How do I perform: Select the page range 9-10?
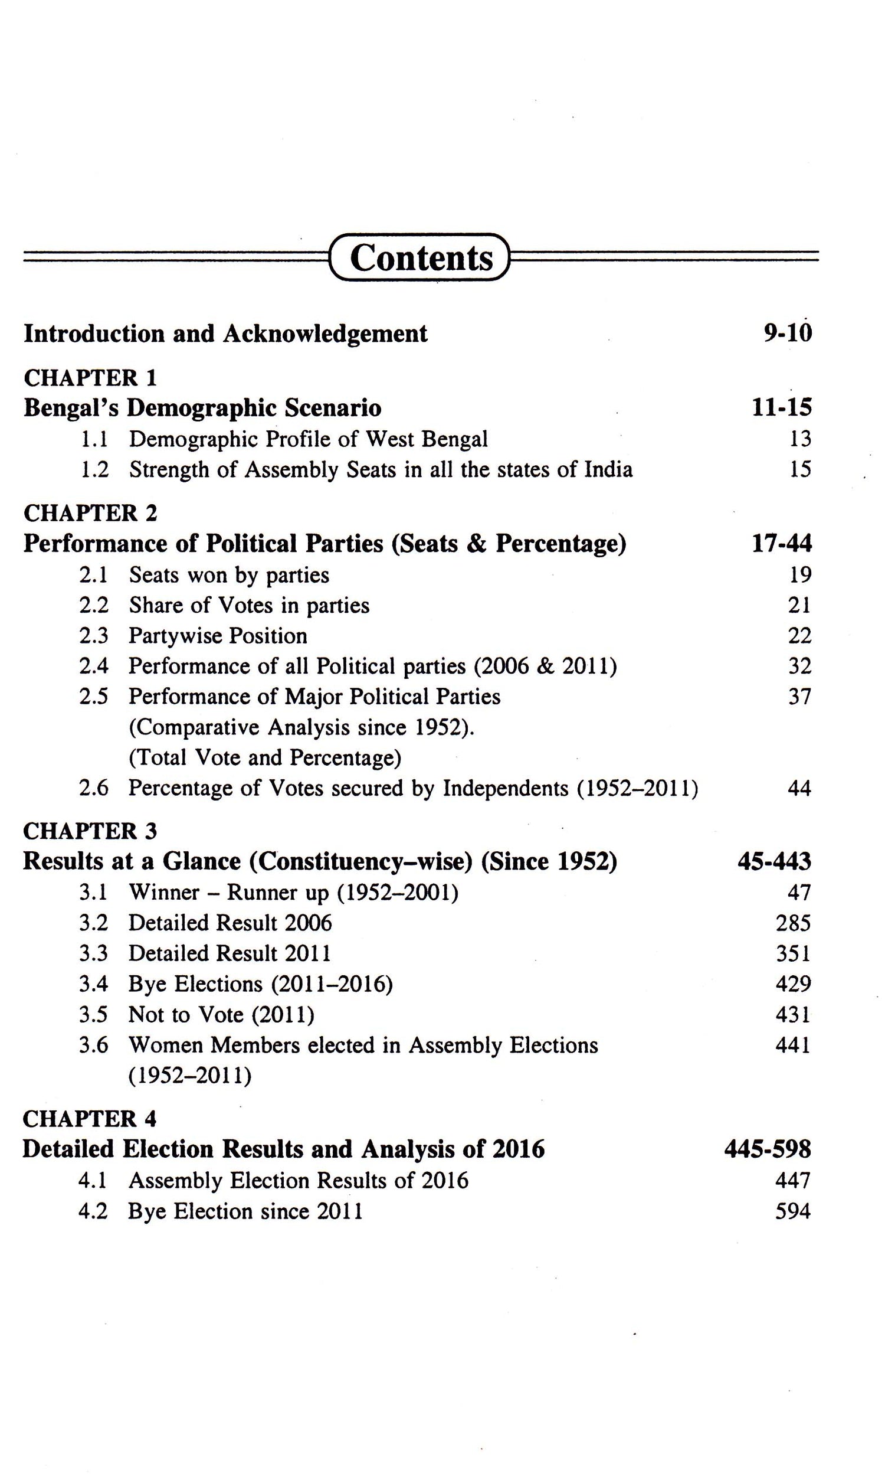tap(787, 334)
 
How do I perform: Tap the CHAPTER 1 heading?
tap(90, 378)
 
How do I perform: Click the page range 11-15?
tap(781, 408)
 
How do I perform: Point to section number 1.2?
tap(94, 470)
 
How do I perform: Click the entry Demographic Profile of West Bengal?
tap(308, 440)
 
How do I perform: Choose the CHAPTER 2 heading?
tap(90, 513)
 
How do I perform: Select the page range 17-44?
tap(781, 544)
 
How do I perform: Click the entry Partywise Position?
tap(218, 636)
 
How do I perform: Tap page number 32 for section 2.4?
tap(799, 667)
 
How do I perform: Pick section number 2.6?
tap(94, 789)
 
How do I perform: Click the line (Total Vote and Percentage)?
tap(265, 758)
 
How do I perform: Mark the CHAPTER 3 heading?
tap(90, 831)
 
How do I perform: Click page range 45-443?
tap(774, 862)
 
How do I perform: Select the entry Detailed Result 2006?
tap(230, 923)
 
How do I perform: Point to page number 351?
tap(792, 954)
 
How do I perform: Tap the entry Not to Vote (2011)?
tap(221, 1015)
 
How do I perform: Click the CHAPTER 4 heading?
tap(90, 1119)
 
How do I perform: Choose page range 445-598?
tap(768, 1149)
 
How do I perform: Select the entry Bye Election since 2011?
tap(245, 1211)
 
